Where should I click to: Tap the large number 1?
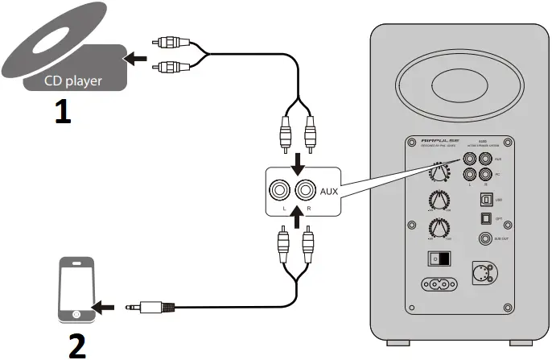(61, 111)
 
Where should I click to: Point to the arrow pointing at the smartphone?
(105, 307)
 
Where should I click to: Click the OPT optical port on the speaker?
(484, 217)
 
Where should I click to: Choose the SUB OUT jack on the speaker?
(484, 238)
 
